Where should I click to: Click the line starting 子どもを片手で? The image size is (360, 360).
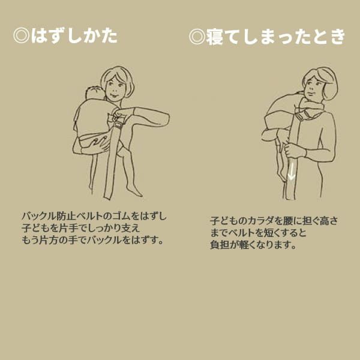coord(80,228)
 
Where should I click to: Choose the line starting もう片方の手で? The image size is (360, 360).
coord(92,240)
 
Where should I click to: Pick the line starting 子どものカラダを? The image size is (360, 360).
coord(274,221)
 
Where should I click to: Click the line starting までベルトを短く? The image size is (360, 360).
coord(259,233)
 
